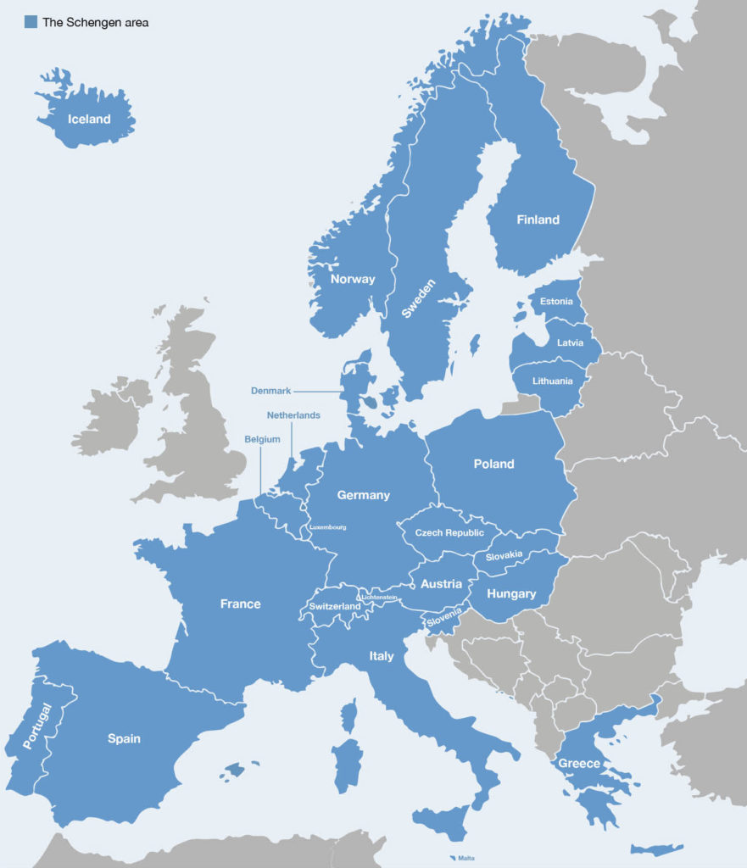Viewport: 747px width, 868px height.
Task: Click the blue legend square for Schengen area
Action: [x=31, y=22]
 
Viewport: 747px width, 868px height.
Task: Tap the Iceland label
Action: [x=89, y=120]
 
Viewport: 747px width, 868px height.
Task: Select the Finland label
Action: [x=538, y=220]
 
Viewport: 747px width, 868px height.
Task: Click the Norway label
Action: [x=352, y=279]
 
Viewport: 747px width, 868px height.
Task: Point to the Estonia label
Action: [x=556, y=302]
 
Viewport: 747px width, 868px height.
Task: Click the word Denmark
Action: [x=270, y=391]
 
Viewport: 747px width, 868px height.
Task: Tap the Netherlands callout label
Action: [x=293, y=415]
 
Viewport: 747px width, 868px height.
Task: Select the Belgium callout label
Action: [x=262, y=439]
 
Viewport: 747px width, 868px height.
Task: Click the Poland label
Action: [x=493, y=464]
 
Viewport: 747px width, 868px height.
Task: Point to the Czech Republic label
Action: [x=449, y=532]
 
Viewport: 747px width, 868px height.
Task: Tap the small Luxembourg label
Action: [x=328, y=526]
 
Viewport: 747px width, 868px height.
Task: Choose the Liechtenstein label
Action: [x=379, y=598]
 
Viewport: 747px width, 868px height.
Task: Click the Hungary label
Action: [x=511, y=593]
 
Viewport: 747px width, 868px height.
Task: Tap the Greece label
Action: [x=580, y=763]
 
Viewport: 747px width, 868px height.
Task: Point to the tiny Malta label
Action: [x=466, y=858]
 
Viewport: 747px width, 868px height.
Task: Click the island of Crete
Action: [x=657, y=849]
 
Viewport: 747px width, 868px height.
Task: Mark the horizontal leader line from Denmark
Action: [x=317, y=392]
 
